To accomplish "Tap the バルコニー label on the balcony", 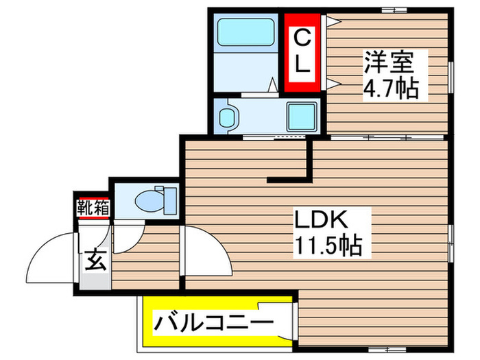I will point(213,321).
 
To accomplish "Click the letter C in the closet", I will point(302,38).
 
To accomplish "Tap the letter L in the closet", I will point(302,67).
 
